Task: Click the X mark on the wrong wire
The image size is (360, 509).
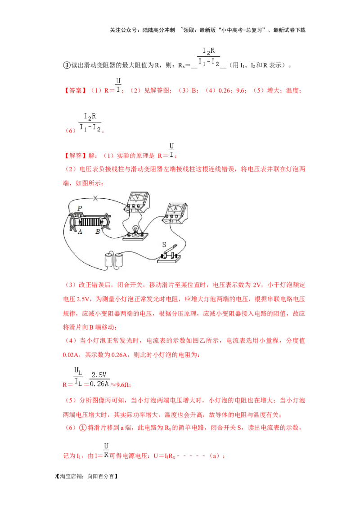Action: pyautogui.click(x=95, y=198)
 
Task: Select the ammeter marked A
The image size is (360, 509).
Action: pyautogui.click(x=175, y=213)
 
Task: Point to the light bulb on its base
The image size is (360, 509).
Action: pyautogui.click(x=135, y=233)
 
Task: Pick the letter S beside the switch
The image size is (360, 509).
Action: pyautogui.click(x=164, y=245)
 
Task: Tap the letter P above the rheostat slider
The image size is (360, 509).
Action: pyautogui.click(x=79, y=208)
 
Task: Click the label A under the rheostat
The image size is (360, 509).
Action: pyautogui.click(x=80, y=232)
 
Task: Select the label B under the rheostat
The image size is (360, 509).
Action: pyautogui.click(x=98, y=232)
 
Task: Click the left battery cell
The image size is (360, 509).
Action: pyautogui.click(x=109, y=260)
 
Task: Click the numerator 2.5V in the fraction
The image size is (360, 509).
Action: pyautogui.click(x=99, y=375)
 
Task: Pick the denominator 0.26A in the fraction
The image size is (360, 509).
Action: pyautogui.click(x=99, y=384)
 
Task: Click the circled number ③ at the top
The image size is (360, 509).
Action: pyautogui.click(x=67, y=65)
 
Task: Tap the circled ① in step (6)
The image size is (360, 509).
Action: pyautogui.click(x=83, y=428)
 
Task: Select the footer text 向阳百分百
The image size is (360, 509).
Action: pyautogui.click(x=101, y=476)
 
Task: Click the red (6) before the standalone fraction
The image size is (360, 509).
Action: pyautogui.click(x=71, y=131)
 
